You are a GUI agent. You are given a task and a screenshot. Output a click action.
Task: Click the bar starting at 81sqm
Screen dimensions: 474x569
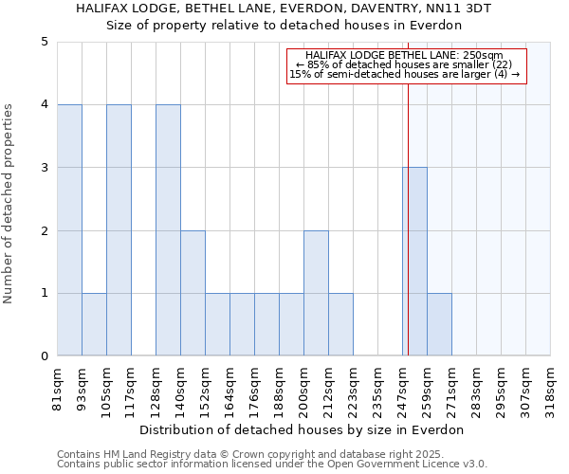69,230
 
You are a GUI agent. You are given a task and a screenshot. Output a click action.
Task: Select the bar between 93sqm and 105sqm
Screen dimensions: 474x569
94,324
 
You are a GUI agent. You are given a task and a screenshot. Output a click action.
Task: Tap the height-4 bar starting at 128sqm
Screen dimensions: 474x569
168,230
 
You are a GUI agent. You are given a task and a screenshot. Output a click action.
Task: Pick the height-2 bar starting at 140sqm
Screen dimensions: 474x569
193,293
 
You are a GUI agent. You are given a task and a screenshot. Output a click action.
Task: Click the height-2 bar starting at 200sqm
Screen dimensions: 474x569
316,293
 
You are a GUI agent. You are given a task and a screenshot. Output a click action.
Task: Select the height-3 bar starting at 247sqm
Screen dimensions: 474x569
415,262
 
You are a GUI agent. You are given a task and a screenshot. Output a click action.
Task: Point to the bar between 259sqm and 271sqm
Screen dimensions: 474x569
439,324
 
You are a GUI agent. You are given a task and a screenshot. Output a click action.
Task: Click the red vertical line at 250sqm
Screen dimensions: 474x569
408,190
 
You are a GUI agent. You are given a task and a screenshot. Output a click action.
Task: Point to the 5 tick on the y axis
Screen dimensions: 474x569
44,42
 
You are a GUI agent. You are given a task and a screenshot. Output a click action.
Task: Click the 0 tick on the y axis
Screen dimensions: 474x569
44,356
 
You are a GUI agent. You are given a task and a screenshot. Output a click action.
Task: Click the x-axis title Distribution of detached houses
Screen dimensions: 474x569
307,429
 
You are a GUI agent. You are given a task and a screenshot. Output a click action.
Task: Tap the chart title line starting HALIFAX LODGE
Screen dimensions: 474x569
284,9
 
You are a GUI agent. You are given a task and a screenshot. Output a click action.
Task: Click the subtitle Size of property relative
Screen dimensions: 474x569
284,25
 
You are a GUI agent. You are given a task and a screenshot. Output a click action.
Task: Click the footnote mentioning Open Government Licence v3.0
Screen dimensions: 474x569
272,464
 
